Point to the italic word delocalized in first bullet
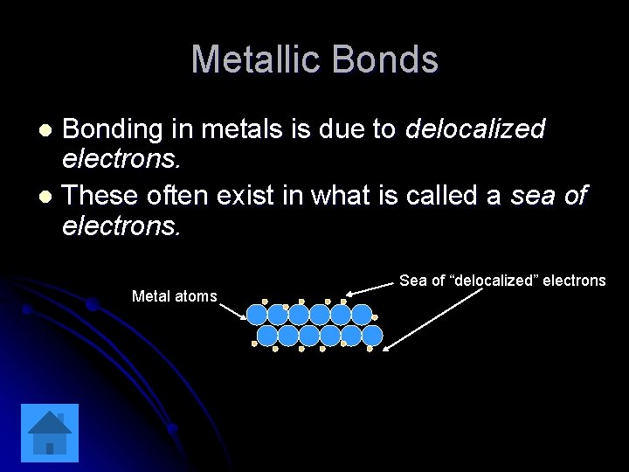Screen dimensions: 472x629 [x=475, y=129]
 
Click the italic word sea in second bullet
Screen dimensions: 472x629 [x=532, y=195]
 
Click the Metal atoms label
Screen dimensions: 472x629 [x=174, y=296]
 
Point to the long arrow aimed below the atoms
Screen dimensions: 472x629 [x=433, y=320]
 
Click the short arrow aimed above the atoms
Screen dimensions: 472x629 [x=370, y=288]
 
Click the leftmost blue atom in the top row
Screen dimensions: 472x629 [x=257, y=315]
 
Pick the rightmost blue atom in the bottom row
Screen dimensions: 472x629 [x=372, y=336]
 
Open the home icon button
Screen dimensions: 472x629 [x=50, y=433]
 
